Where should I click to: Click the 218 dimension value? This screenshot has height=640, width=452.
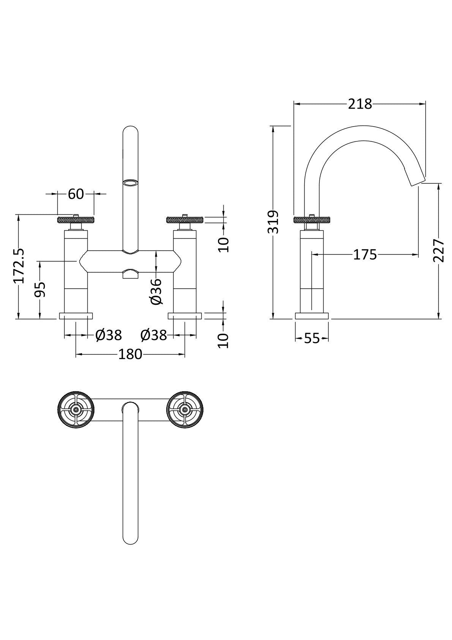(x=360, y=104)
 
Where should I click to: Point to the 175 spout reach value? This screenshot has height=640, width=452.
(x=365, y=255)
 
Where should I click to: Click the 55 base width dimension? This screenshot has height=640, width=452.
(x=312, y=338)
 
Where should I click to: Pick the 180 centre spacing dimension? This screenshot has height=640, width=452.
(x=130, y=354)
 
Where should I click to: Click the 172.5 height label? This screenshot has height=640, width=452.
(x=19, y=266)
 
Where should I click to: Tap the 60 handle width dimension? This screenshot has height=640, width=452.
(x=76, y=194)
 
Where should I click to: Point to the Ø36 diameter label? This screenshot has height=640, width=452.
(x=156, y=291)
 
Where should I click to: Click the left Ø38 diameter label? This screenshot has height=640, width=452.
(x=109, y=335)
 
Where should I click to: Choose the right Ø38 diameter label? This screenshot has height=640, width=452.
(x=153, y=335)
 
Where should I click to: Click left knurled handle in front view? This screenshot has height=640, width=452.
(x=76, y=219)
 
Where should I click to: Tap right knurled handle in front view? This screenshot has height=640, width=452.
(x=185, y=219)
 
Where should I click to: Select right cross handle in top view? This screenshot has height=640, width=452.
(x=185, y=409)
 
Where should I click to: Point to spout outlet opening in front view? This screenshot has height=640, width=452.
(x=130, y=183)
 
